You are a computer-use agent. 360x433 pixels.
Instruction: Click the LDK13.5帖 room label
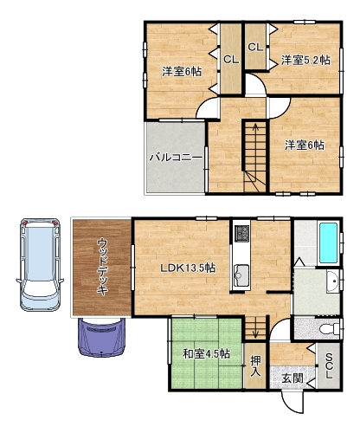tap(188, 268)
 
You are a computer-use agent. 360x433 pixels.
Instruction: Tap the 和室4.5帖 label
tap(207, 353)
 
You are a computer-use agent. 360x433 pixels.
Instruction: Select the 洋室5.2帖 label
tap(305, 61)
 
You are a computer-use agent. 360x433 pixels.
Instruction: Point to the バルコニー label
tap(176, 158)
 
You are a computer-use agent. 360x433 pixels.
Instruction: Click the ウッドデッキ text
tap(102, 266)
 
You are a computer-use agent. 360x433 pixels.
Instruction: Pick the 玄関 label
tap(292, 378)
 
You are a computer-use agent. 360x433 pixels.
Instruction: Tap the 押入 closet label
tap(255, 365)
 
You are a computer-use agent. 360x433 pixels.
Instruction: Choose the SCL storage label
tap(329, 366)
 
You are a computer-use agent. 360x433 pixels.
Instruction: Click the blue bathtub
tap(328, 242)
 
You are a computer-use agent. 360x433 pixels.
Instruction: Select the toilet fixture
tap(331, 329)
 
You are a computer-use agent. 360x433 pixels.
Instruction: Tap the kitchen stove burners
tap(241, 234)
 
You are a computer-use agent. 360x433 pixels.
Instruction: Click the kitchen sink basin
tap(241, 275)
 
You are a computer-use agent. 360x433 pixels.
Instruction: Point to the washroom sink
tap(333, 281)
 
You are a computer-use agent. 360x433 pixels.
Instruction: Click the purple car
tap(102, 337)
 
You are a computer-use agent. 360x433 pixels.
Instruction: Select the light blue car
tap(40, 264)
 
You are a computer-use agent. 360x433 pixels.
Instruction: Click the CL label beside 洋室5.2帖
tap(255, 47)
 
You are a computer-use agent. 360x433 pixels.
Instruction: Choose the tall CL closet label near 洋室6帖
tap(231, 60)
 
